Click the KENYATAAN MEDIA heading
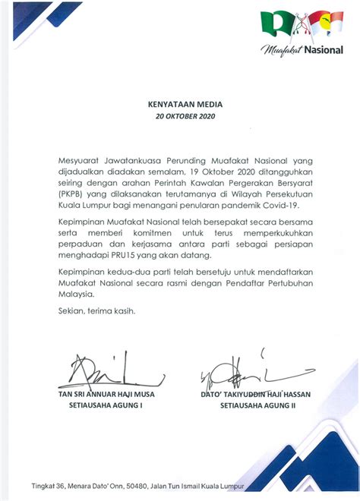coord(179,106)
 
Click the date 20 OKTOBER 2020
coord(179,117)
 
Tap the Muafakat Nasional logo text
coord(302,50)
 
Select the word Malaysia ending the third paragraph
coord(77,294)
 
